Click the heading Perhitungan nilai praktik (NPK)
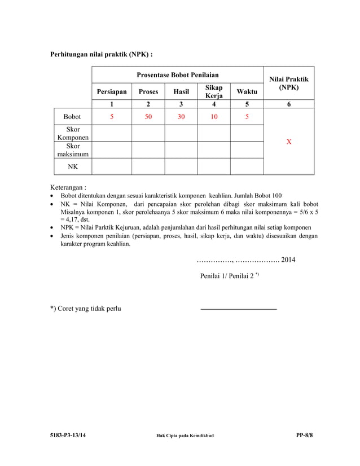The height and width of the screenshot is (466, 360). click(x=102, y=55)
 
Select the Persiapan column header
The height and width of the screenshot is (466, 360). click(x=112, y=91)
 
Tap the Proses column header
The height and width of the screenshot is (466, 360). click(x=148, y=91)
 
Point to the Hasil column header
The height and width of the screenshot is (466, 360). click(x=181, y=91)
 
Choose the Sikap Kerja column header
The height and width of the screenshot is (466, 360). click(x=214, y=91)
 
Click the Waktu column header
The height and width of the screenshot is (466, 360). click(x=247, y=91)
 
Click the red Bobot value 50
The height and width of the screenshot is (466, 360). click(x=148, y=117)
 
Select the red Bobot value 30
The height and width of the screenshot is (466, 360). click(x=181, y=117)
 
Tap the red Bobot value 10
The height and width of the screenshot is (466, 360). click(x=214, y=117)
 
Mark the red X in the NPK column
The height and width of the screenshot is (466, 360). click(x=289, y=142)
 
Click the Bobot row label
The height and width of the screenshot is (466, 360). click(x=72, y=117)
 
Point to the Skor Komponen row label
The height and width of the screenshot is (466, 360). click(x=72, y=134)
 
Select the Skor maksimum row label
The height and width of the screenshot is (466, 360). click(x=72, y=150)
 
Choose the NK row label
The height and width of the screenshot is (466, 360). click(x=72, y=167)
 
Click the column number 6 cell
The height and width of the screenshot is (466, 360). click(x=289, y=104)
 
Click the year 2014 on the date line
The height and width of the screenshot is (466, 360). click(x=288, y=260)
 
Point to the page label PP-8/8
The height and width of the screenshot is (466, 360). click(x=305, y=436)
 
